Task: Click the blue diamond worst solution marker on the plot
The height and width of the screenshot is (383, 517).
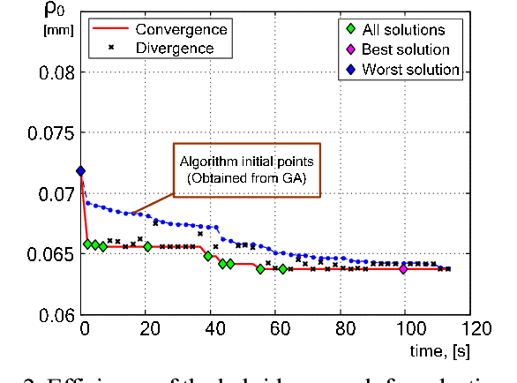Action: pyautogui.click(x=81, y=171)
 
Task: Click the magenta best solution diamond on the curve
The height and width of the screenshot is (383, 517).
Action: pyautogui.click(x=403, y=269)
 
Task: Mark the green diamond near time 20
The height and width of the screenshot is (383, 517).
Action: pyautogui.click(x=147, y=246)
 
